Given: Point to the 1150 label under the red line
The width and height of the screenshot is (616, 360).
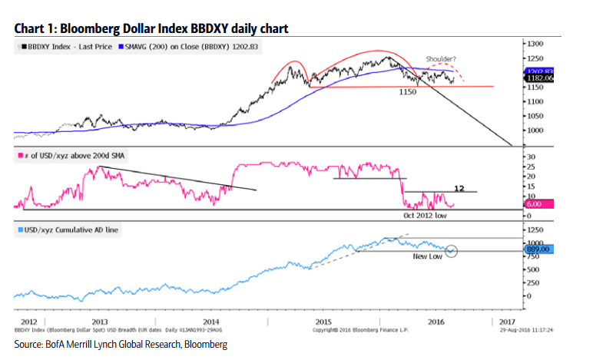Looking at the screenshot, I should pos(407,92).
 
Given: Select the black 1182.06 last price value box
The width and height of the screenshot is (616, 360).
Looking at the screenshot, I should pos(538,78).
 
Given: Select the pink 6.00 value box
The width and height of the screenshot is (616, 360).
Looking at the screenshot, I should pos(537,205).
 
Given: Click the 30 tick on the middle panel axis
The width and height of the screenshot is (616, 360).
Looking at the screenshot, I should pos(530,157).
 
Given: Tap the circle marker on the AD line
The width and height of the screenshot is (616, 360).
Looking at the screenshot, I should pos(451,250).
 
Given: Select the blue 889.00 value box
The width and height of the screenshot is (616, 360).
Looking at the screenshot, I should pos(538,249).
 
